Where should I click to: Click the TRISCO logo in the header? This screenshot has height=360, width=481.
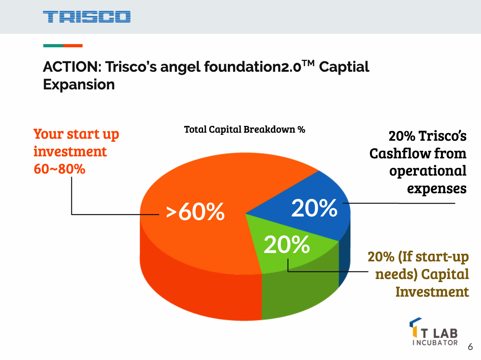click(87, 17)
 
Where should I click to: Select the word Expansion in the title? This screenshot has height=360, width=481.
click(79, 85)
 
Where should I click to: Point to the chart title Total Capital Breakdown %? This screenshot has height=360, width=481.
click(245, 129)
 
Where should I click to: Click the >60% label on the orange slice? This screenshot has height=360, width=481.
click(195, 212)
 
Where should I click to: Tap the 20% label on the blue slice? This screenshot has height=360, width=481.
click(314, 208)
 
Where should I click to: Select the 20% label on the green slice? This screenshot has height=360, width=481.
click(286, 244)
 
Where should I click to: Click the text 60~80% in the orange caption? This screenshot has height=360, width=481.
click(59, 169)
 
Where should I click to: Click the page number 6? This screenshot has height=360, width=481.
click(470, 347)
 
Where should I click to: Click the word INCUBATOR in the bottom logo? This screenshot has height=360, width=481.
click(435, 343)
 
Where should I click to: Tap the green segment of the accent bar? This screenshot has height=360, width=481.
click(53, 46)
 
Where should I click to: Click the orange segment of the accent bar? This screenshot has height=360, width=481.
click(73, 46)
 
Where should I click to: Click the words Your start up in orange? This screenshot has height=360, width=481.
click(76, 134)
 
